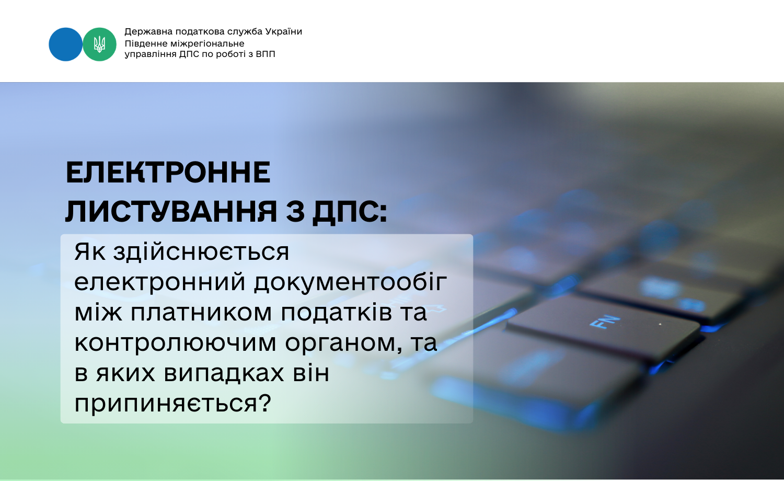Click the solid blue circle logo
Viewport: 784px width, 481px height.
click(65, 44)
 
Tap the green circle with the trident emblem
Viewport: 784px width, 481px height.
click(99, 44)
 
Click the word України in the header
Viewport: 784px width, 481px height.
click(283, 31)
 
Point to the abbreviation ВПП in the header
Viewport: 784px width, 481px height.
click(266, 54)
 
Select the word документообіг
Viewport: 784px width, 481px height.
click(350, 283)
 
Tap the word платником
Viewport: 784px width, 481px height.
click(201, 312)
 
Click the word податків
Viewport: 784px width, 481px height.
click(337, 312)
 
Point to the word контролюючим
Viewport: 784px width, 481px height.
click(175, 343)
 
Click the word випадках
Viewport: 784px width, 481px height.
click(224, 373)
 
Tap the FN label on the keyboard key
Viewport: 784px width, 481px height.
click(604, 322)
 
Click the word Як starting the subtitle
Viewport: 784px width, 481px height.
click(89, 251)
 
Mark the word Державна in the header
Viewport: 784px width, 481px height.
click(148, 32)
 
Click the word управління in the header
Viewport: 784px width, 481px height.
click(151, 54)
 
